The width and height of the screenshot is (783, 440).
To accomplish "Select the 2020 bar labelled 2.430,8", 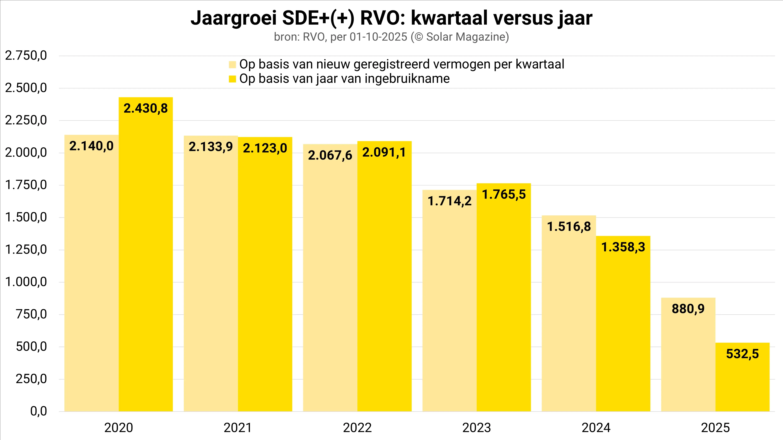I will [146, 255].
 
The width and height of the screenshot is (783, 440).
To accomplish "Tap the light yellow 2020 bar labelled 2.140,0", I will [91, 273].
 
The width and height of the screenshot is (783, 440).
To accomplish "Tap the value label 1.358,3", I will [623, 247].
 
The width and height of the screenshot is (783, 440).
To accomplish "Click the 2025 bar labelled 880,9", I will [688, 355].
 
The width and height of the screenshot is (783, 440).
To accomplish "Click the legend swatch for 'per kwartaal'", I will [233, 65].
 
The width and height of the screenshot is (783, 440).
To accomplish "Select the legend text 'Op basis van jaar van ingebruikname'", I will [344, 79].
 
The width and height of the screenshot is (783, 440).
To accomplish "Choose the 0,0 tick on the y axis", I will [39, 411].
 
